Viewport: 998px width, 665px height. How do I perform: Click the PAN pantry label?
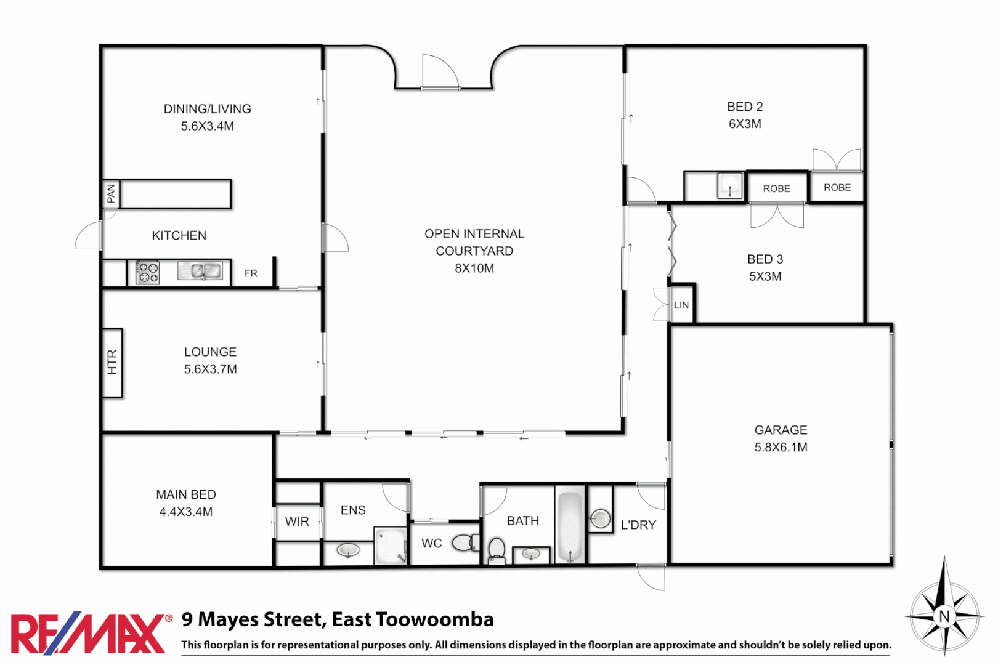point(111,193)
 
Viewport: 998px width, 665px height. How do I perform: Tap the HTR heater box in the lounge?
point(112,363)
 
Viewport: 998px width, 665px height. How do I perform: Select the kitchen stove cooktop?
point(147,273)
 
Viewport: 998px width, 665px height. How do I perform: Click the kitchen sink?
point(200,271)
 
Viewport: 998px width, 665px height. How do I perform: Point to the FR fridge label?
point(251,273)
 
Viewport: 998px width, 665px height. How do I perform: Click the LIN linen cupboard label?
point(681,305)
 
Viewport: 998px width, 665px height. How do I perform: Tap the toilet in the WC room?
point(465,543)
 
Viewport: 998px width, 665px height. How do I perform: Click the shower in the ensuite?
point(391,545)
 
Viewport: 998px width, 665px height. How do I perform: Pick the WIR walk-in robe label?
point(297,522)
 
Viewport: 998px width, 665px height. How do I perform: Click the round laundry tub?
point(600,518)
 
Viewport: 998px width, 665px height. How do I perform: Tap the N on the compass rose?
point(944,616)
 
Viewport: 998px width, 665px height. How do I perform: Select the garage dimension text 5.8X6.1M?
point(781,448)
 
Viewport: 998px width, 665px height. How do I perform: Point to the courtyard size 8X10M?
point(474,268)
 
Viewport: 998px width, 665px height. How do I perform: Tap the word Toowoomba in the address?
point(435,619)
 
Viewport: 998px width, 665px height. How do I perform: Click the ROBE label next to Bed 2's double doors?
point(837,188)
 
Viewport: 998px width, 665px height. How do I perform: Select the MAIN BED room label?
point(185,494)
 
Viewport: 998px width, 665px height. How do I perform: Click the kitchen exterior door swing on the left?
point(88,237)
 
